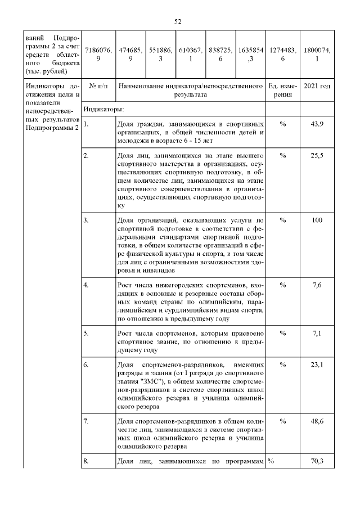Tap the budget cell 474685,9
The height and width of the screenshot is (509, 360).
pyautogui.click(x=130, y=54)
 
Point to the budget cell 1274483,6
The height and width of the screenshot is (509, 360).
pyautogui.click(x=279, y=54)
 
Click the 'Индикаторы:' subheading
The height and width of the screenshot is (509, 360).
pyautogui.click(x=103, y=109)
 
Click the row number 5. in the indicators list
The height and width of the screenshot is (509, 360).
pyautogui.click(x=86, y=334)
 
